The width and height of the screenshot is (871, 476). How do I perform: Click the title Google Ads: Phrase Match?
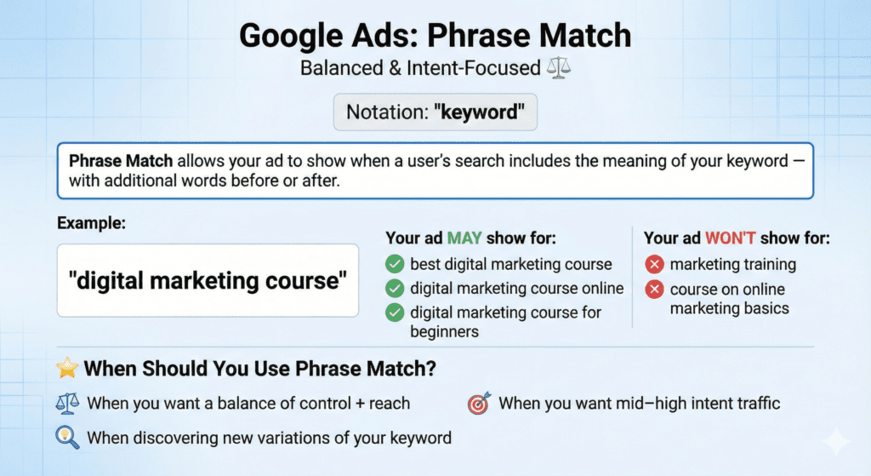(x=435, y=36)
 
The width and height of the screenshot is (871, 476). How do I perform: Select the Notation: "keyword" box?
(x=435, y=112)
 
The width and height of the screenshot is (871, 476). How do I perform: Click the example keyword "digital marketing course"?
(x=208, y=282)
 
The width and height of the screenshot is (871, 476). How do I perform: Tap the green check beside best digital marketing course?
(x=395, y=264)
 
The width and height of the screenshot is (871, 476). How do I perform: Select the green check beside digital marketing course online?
(x=395, y=288)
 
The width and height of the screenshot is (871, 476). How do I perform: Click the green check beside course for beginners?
(x=395, y=313)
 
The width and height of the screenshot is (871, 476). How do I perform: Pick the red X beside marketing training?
(x=654, y=264)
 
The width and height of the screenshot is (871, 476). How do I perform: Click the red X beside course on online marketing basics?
(x=654, y=290)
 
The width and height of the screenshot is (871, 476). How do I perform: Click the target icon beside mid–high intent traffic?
(x=479, y=404)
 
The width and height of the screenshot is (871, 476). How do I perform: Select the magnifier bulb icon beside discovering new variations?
(x=65, y=438)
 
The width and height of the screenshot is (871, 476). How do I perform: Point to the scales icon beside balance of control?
(x=65, y=404)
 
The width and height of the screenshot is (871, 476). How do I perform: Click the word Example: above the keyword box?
(x=91, y=224)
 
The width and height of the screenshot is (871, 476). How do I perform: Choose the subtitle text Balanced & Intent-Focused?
(x=421, y=67)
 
